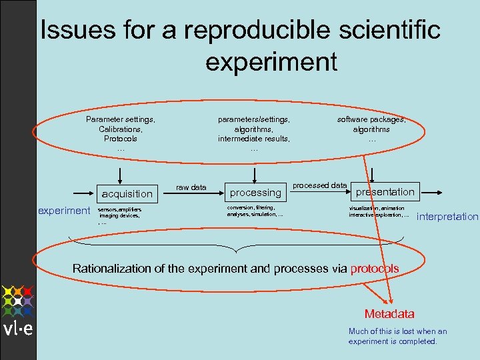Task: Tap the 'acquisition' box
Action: (126, 193)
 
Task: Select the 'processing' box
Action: (255, 192)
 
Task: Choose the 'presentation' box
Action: (385, 191)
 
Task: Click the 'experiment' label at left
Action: (64, 211)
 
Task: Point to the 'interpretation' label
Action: (447, 216)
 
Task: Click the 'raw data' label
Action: (191, 187)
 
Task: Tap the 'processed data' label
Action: (319, 185)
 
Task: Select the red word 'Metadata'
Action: (389, 313)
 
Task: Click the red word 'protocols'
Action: (374, 269)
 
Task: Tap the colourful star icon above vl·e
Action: (17, 301)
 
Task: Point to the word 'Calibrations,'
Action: (120, 129)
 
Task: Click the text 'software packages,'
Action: (371, 119)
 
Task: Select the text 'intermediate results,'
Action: (254, 139)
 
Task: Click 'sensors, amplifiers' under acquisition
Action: (120, 209)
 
